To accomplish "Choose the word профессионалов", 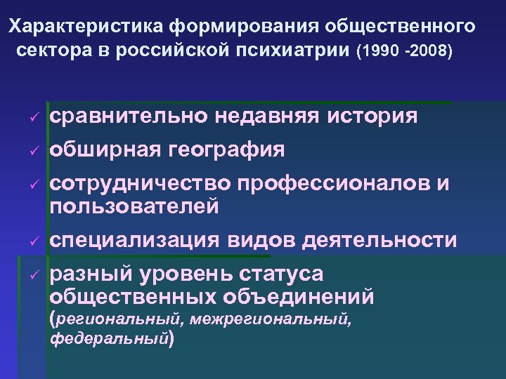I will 335,184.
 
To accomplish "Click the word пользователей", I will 134,206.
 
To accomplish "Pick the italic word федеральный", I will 109,340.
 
